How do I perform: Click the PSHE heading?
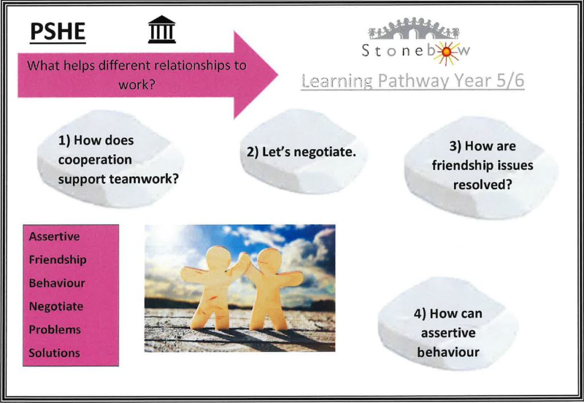click(58, 31)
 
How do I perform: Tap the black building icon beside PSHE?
click(161, 30)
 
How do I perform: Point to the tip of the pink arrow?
click(278, 75)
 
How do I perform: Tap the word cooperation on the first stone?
click(95, 160)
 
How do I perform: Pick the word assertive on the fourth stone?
click(448, 333)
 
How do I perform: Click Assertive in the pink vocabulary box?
click(54, 237)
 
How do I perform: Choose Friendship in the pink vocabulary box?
click(58, 260)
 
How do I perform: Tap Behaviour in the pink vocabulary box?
click(57, 283)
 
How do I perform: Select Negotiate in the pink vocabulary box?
click(56, 307)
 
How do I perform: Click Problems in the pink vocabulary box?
click(55, 329)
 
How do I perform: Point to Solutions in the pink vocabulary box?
click(54, 353)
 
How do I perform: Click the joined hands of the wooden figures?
click(244, 258)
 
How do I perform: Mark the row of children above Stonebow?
click(414, 29)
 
